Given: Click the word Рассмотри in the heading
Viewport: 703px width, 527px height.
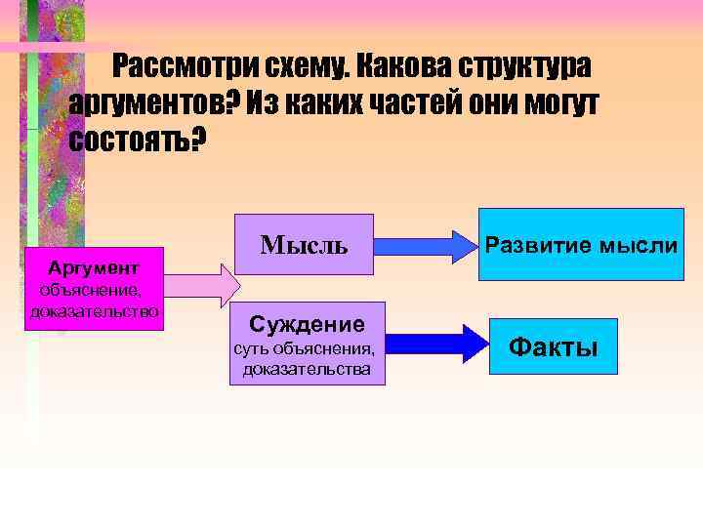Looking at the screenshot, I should click(183, 66).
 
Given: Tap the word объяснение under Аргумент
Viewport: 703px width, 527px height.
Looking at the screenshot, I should click(90, 290).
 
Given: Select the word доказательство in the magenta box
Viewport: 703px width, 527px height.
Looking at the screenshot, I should click(95, 310).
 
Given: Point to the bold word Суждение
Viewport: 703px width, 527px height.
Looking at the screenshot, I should click(307, 323).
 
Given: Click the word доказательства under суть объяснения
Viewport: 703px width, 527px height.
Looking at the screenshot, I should click(307, 369).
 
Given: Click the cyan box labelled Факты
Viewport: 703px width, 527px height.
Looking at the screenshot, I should click(555, 346).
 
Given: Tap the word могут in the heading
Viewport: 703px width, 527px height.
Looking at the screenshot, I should click(557, 102).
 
